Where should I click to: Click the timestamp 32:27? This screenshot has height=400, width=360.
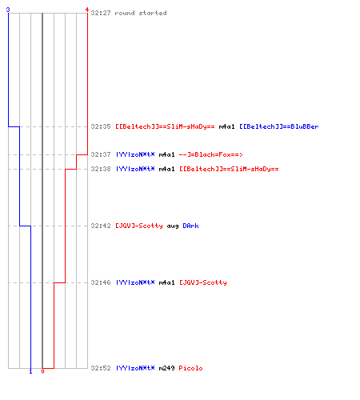point(101,13)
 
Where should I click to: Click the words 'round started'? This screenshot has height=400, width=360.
point(141,13)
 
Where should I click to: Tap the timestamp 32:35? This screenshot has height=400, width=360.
point(101,126)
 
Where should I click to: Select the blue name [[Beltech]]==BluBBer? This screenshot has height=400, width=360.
point(279,126)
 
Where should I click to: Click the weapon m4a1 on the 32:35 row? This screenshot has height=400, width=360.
point(226,126)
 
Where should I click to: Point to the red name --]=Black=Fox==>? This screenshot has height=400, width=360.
point(210,154)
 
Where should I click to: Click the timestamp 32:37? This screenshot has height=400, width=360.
point(101,154)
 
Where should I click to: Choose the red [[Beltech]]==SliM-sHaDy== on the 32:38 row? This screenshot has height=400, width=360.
point(229,169)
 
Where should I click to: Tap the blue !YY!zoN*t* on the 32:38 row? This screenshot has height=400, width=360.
point(135,169)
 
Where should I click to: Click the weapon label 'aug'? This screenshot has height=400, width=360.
point(173,226)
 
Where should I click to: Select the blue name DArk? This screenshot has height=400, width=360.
point(190,226)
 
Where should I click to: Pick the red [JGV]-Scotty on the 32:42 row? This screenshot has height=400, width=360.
point(139,226)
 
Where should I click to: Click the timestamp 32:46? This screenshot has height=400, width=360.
point(101,282)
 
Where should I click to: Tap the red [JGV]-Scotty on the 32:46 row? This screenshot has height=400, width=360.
point(203,282)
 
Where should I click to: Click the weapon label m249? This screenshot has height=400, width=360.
point(166,368)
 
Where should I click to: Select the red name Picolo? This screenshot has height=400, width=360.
point(190,368)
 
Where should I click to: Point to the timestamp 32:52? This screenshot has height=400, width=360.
point(101,368)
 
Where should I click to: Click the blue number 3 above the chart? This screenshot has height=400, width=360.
point(8,10)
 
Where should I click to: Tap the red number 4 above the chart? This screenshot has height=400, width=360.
point(87,10)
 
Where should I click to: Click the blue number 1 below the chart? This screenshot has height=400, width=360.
point(30,371)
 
